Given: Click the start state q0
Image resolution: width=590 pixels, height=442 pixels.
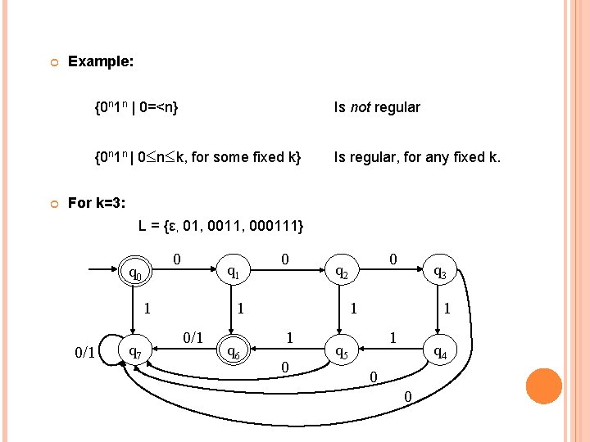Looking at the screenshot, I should pos(136,273).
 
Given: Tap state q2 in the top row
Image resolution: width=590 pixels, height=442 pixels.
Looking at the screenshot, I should pos(340,273).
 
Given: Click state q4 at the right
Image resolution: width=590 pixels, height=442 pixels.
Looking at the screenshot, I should pos(440,354).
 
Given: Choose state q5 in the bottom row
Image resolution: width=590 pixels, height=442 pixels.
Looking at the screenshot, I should pos(340,354).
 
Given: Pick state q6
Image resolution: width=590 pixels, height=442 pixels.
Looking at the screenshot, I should pos(234,354).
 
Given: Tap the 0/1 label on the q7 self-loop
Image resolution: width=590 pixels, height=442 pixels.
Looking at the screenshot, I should pos(84,353).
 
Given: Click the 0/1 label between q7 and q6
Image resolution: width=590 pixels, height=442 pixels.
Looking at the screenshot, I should pos(193,336).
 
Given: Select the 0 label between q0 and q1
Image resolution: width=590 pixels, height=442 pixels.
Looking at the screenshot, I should pos(177,259).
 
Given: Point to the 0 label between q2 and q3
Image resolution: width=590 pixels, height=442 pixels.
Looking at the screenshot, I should pos(393,259).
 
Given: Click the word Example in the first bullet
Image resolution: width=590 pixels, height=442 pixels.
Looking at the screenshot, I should pos(101,61).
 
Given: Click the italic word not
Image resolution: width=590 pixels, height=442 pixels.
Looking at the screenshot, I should pos(361,107).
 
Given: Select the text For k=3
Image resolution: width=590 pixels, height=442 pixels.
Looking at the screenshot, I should pos(96,203).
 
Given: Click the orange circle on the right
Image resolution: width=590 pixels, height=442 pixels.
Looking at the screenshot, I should pos(544,386).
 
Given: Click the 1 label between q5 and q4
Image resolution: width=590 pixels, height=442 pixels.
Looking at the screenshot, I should pos(393,336).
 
